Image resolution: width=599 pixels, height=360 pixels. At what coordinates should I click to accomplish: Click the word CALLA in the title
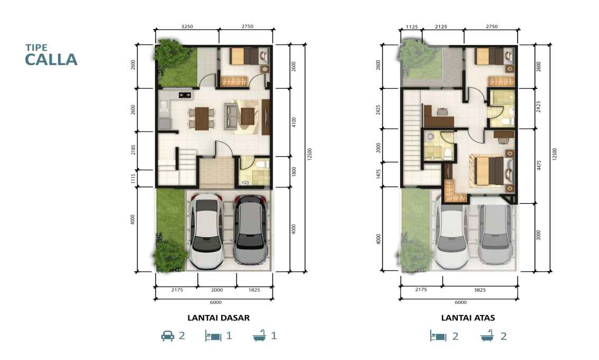tap(51, 60)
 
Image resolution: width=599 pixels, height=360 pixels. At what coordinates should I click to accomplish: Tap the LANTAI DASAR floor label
tap(219, 318)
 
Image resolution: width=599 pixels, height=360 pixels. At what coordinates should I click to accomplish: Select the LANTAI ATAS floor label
tap(468, 318)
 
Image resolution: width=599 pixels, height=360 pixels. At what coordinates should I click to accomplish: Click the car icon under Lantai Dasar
tap(168, 336)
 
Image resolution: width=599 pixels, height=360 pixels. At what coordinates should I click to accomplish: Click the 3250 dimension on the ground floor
tap(187, 26)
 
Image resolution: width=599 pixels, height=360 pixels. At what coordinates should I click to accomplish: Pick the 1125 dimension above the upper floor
tap(412, 27)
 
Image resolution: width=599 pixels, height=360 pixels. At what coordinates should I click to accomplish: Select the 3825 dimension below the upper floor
tap(480, 290)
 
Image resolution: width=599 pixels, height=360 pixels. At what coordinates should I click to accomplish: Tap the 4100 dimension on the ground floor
tap(294, 122)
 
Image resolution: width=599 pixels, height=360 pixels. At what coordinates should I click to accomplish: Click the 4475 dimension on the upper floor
tap(539, 165)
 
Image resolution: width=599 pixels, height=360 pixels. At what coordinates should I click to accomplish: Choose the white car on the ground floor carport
tap(207, 231)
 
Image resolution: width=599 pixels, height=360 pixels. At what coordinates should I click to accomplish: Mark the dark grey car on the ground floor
tap(250, 230)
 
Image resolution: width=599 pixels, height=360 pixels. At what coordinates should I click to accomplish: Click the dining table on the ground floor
tap(202, 119)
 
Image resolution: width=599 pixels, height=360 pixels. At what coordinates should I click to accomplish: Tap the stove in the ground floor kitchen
tap(185, 94)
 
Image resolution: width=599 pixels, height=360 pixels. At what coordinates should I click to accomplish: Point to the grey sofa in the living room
tap(230, 116)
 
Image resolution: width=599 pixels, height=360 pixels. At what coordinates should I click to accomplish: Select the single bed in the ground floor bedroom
tap(244, 56)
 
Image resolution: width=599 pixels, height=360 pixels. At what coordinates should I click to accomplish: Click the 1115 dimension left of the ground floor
tap(133, 178)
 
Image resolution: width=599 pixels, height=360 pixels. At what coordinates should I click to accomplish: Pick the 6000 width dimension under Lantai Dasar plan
tap(216, 302)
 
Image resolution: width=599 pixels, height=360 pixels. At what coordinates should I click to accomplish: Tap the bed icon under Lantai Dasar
tap(213, 336)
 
